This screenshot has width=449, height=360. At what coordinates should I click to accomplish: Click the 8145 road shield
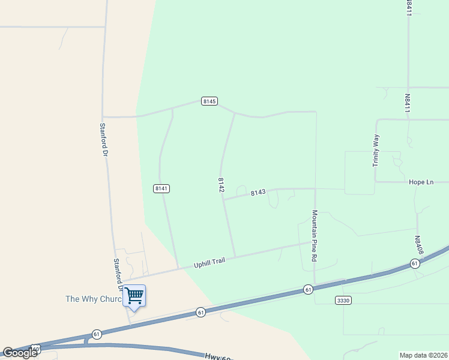tap(209, 101)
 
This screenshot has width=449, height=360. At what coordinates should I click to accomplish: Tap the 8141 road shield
tap(161, 188)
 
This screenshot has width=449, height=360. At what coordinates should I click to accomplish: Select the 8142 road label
tap(221, 185)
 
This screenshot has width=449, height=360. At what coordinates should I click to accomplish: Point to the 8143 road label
tap(258, 193)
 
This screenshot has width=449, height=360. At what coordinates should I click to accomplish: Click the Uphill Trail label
tap(208, 263)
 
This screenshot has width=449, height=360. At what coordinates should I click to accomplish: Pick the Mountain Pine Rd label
tap(314, 235)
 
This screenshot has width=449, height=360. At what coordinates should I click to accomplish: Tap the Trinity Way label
tap(376, 150)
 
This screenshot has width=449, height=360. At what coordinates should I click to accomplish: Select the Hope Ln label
tap(421, 182)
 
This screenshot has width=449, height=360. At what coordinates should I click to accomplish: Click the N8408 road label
tap(418, 245)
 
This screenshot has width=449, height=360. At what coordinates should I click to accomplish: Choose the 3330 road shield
tap(343, 300)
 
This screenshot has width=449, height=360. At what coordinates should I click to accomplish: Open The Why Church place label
tap(93, 299)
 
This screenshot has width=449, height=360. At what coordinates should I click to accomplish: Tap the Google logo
tap(20, 353)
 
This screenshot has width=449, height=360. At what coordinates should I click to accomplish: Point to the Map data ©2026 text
tap(424, 355)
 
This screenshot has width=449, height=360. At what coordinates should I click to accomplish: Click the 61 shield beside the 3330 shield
tap(308, 290)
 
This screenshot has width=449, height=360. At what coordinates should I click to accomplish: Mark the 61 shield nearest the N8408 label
tap(415, 263)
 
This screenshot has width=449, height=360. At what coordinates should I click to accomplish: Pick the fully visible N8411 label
tap(407, 103)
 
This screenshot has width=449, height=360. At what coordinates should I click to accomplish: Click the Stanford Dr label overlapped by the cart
tap(118, 275)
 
